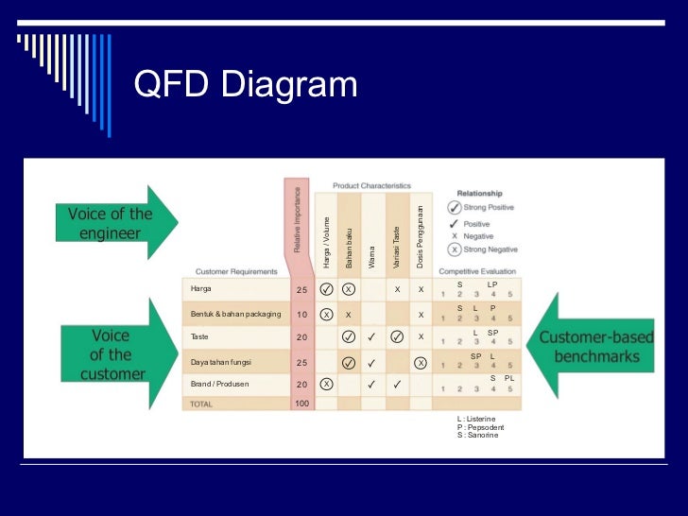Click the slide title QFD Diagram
pos(246,85)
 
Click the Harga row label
pos(201,288)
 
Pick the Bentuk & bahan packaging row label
pos(235,314)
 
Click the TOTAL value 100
pos(301,404)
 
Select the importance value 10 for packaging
pos(302,314)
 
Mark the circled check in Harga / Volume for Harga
pos(326,289)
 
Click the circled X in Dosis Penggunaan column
pos(421,362)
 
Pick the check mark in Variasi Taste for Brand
pos(397,385)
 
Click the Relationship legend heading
pos(479,193)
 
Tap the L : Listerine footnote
pos(475,418)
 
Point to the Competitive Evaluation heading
pos(479,270)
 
